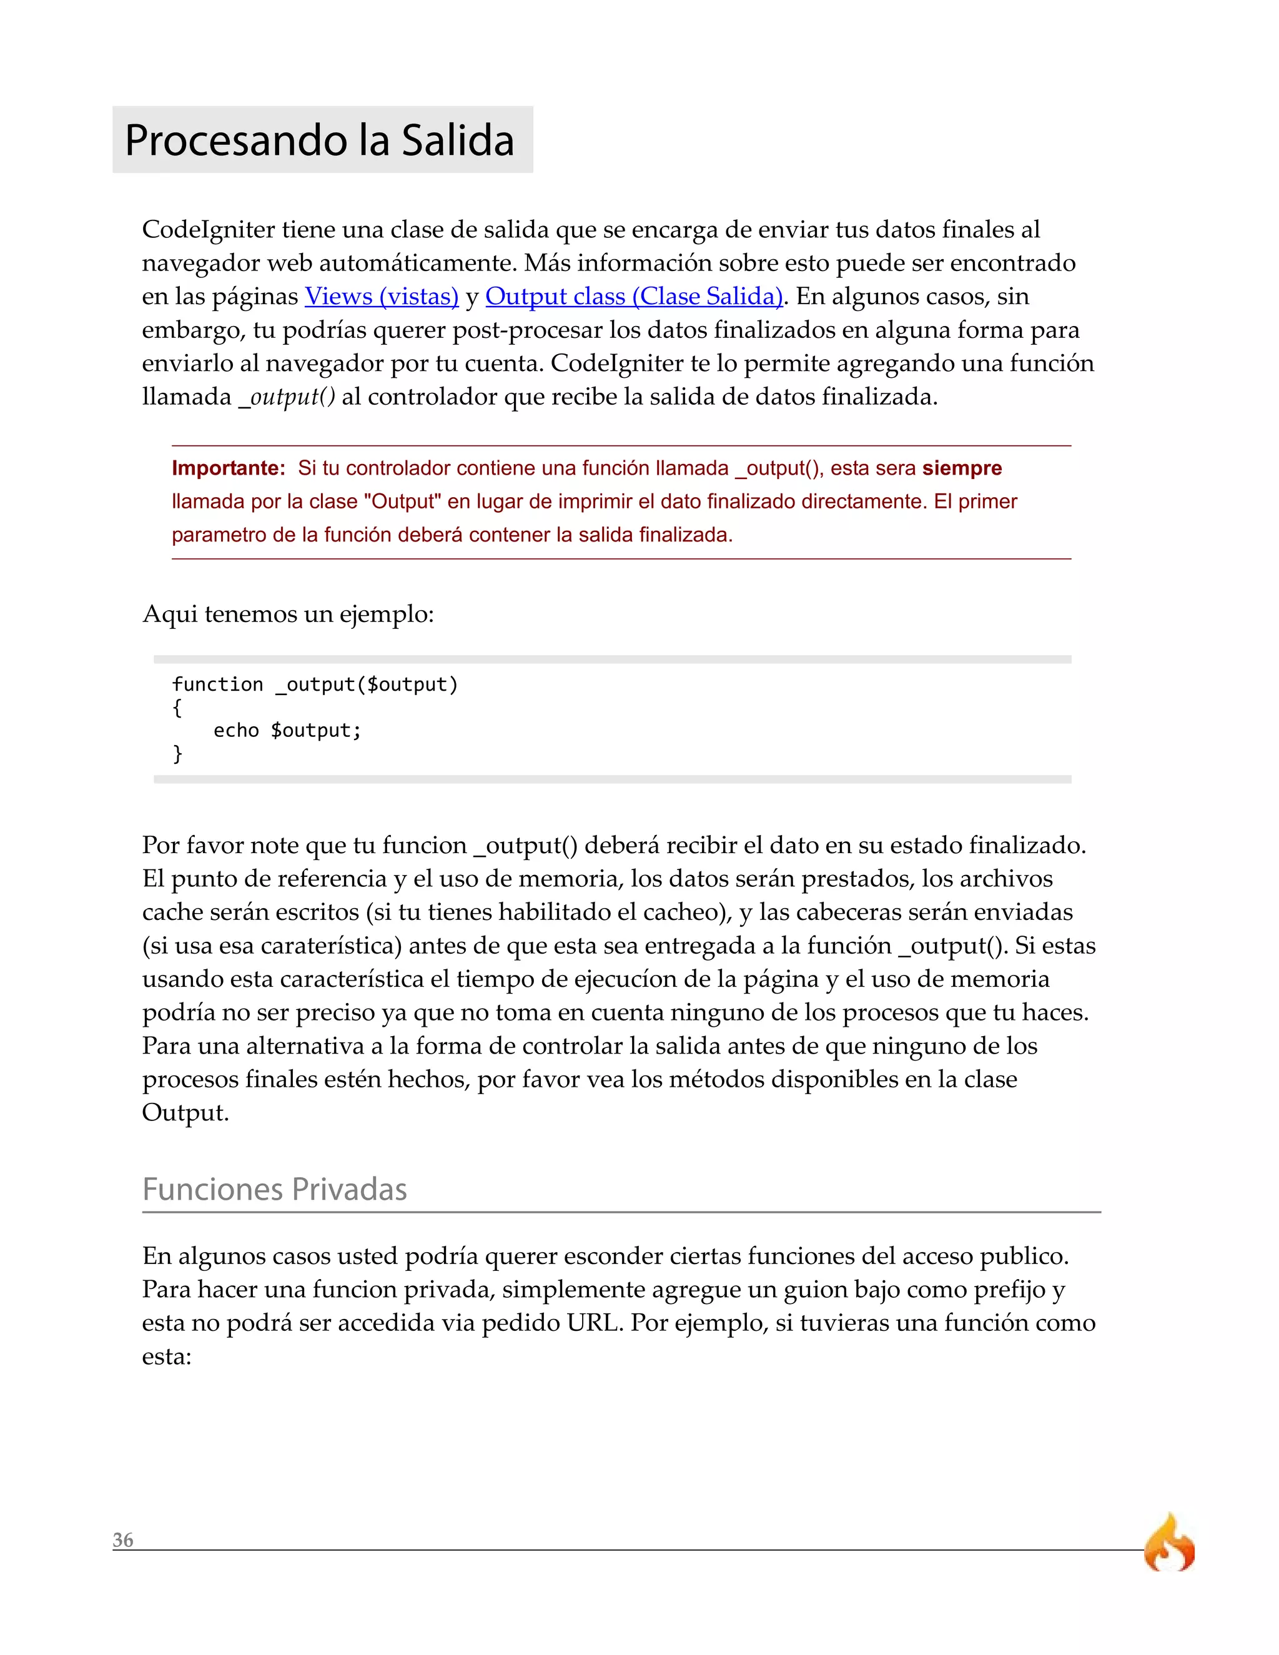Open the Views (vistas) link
coord(381,296)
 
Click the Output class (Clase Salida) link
coord(633,296)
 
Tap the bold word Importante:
coord(228,468)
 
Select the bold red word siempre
coord(962,468)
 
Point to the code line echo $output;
coord(287,731)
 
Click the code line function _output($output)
coord(315,684)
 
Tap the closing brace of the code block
coord(177,753)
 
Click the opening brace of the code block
coord(177,708)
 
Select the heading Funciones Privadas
coord(274,1189)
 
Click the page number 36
coord(123,1540)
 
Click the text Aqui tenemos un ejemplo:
coord(288,614)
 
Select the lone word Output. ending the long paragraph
coord(185,1113)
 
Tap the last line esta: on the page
coord(167,1356)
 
